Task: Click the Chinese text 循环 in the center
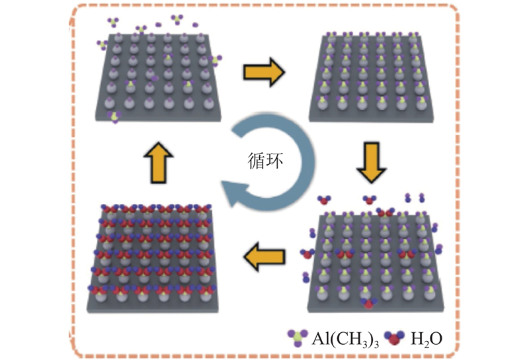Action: tap(265, 161)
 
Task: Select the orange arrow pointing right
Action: tap(264, 72)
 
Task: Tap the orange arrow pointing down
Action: tap(372, 162)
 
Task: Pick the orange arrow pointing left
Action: tap(264, 257)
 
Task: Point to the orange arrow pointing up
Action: tap(158, 163)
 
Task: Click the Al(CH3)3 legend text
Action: tap(345, 339)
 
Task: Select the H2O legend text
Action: tap(426, 339)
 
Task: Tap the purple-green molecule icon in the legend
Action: tap(298, 337)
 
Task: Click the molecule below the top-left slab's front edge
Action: tap(114, 117)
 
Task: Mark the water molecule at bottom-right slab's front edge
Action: tap(368, 303)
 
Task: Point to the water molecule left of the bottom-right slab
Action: tap(307, 254)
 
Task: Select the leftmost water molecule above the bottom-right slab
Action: tap(324, 200)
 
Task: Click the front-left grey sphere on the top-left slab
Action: tap(109, 103)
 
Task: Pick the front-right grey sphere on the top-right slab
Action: tap(421, 105)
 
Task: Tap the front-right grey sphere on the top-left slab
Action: tap(209, 103)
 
